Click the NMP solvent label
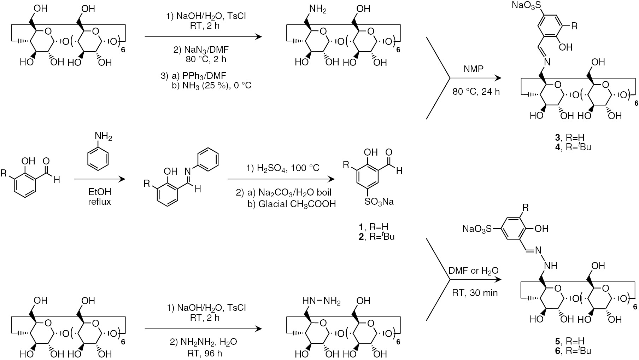(x=474, y=69)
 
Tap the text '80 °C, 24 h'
(x=476, y=91)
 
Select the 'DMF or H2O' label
(x=474, y=271)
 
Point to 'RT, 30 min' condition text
(x=475, y=293)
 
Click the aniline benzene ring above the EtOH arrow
(x=97, y=156)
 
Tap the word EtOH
(x=100, y=192)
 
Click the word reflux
(x=100, y=202)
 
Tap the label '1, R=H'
(x=376, y=226)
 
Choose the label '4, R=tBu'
(x=573, y=147)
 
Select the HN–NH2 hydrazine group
(x=322, y=301)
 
